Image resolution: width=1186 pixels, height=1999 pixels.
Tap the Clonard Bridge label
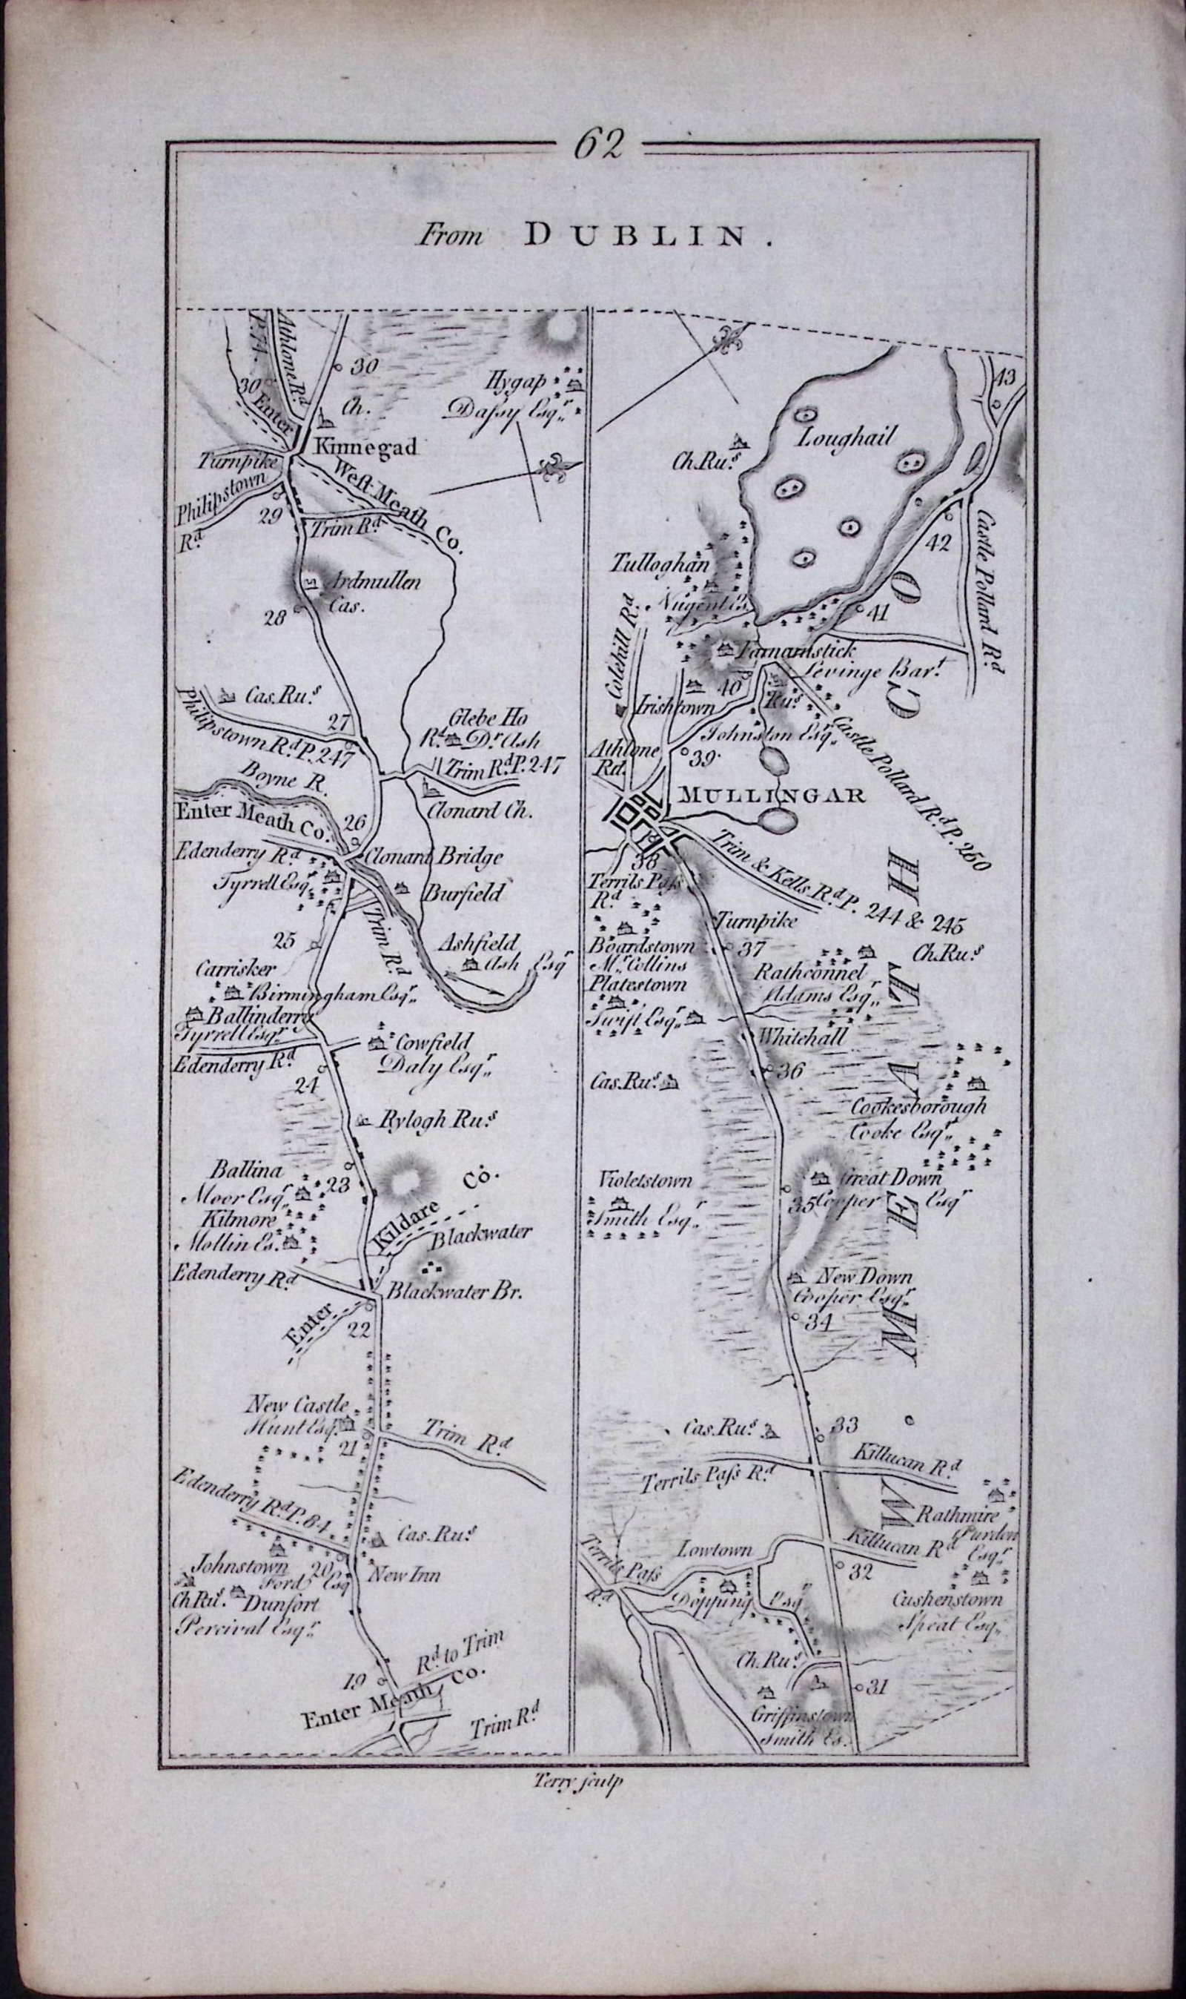tap(436, 858)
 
